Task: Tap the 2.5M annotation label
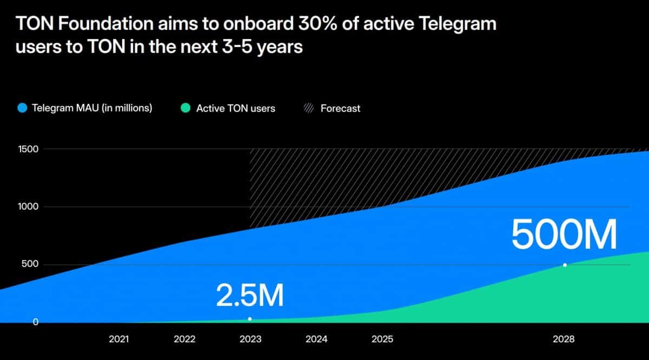[x=250, y=295]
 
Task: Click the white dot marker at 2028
[x=565, y=265]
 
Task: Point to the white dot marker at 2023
[x=250, y=319]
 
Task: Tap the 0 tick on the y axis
[x=35, y=322]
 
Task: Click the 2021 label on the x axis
[x=118, y=339]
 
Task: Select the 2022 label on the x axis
[x=184, y=339]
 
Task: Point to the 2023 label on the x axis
[x=250, y=339]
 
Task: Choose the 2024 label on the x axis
[x=316, y=339]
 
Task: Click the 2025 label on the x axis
[x=382, y=339]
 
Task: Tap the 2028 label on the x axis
[x=564, y=339]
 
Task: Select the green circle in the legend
[x=186, y=108]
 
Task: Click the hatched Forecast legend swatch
[x=308, y=108]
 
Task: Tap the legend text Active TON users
[x=236, y=108]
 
